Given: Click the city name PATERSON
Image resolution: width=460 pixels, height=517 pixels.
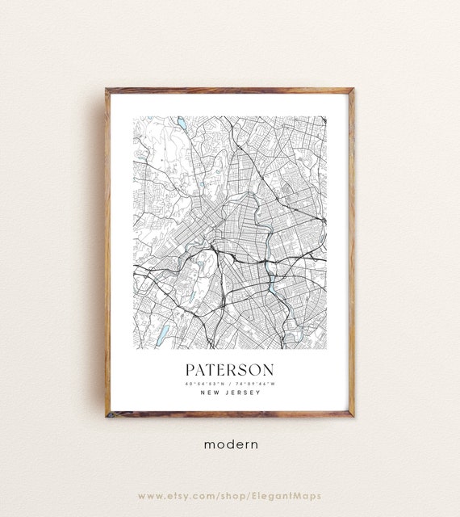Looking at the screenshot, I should (x=230, y=369).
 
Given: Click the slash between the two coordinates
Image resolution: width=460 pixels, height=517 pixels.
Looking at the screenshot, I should (x=230, y=383).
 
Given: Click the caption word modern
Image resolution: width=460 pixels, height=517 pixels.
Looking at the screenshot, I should (x=230, y=443).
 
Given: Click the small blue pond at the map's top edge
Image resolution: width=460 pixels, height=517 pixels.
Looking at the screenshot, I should (x=182, y=122).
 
